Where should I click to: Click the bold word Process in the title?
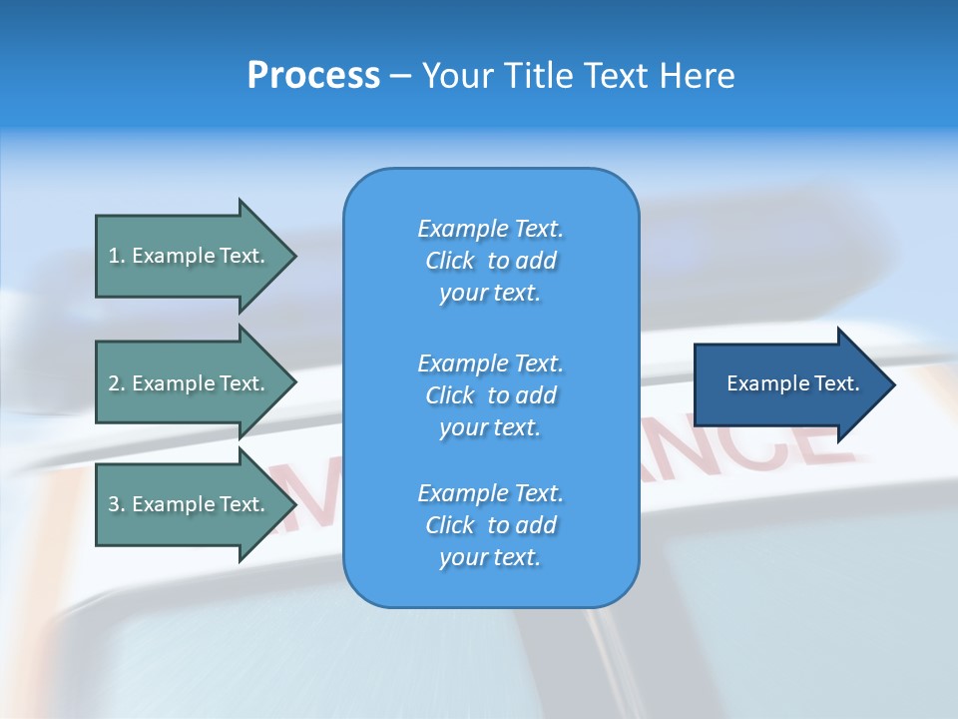(x=313, y=76)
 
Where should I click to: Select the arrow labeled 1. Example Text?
(x=190, y=256)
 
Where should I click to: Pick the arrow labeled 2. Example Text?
(x=190, y=383)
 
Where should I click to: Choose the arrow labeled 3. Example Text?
(x=190, y=504)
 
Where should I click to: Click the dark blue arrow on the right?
(x=788, y=384)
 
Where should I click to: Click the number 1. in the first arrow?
(x=117, y=256)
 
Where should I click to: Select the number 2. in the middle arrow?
(x=117, y=383)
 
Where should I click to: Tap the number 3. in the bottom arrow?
(x=117, y=504)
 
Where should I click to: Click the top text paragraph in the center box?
(x=490, y=261)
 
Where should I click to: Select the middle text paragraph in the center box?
(x=490, y=395)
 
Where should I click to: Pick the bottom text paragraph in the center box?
(x=490, y=525)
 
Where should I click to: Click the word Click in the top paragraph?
(x=450, y=261)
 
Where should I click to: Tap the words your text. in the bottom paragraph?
(x=490, y=557)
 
